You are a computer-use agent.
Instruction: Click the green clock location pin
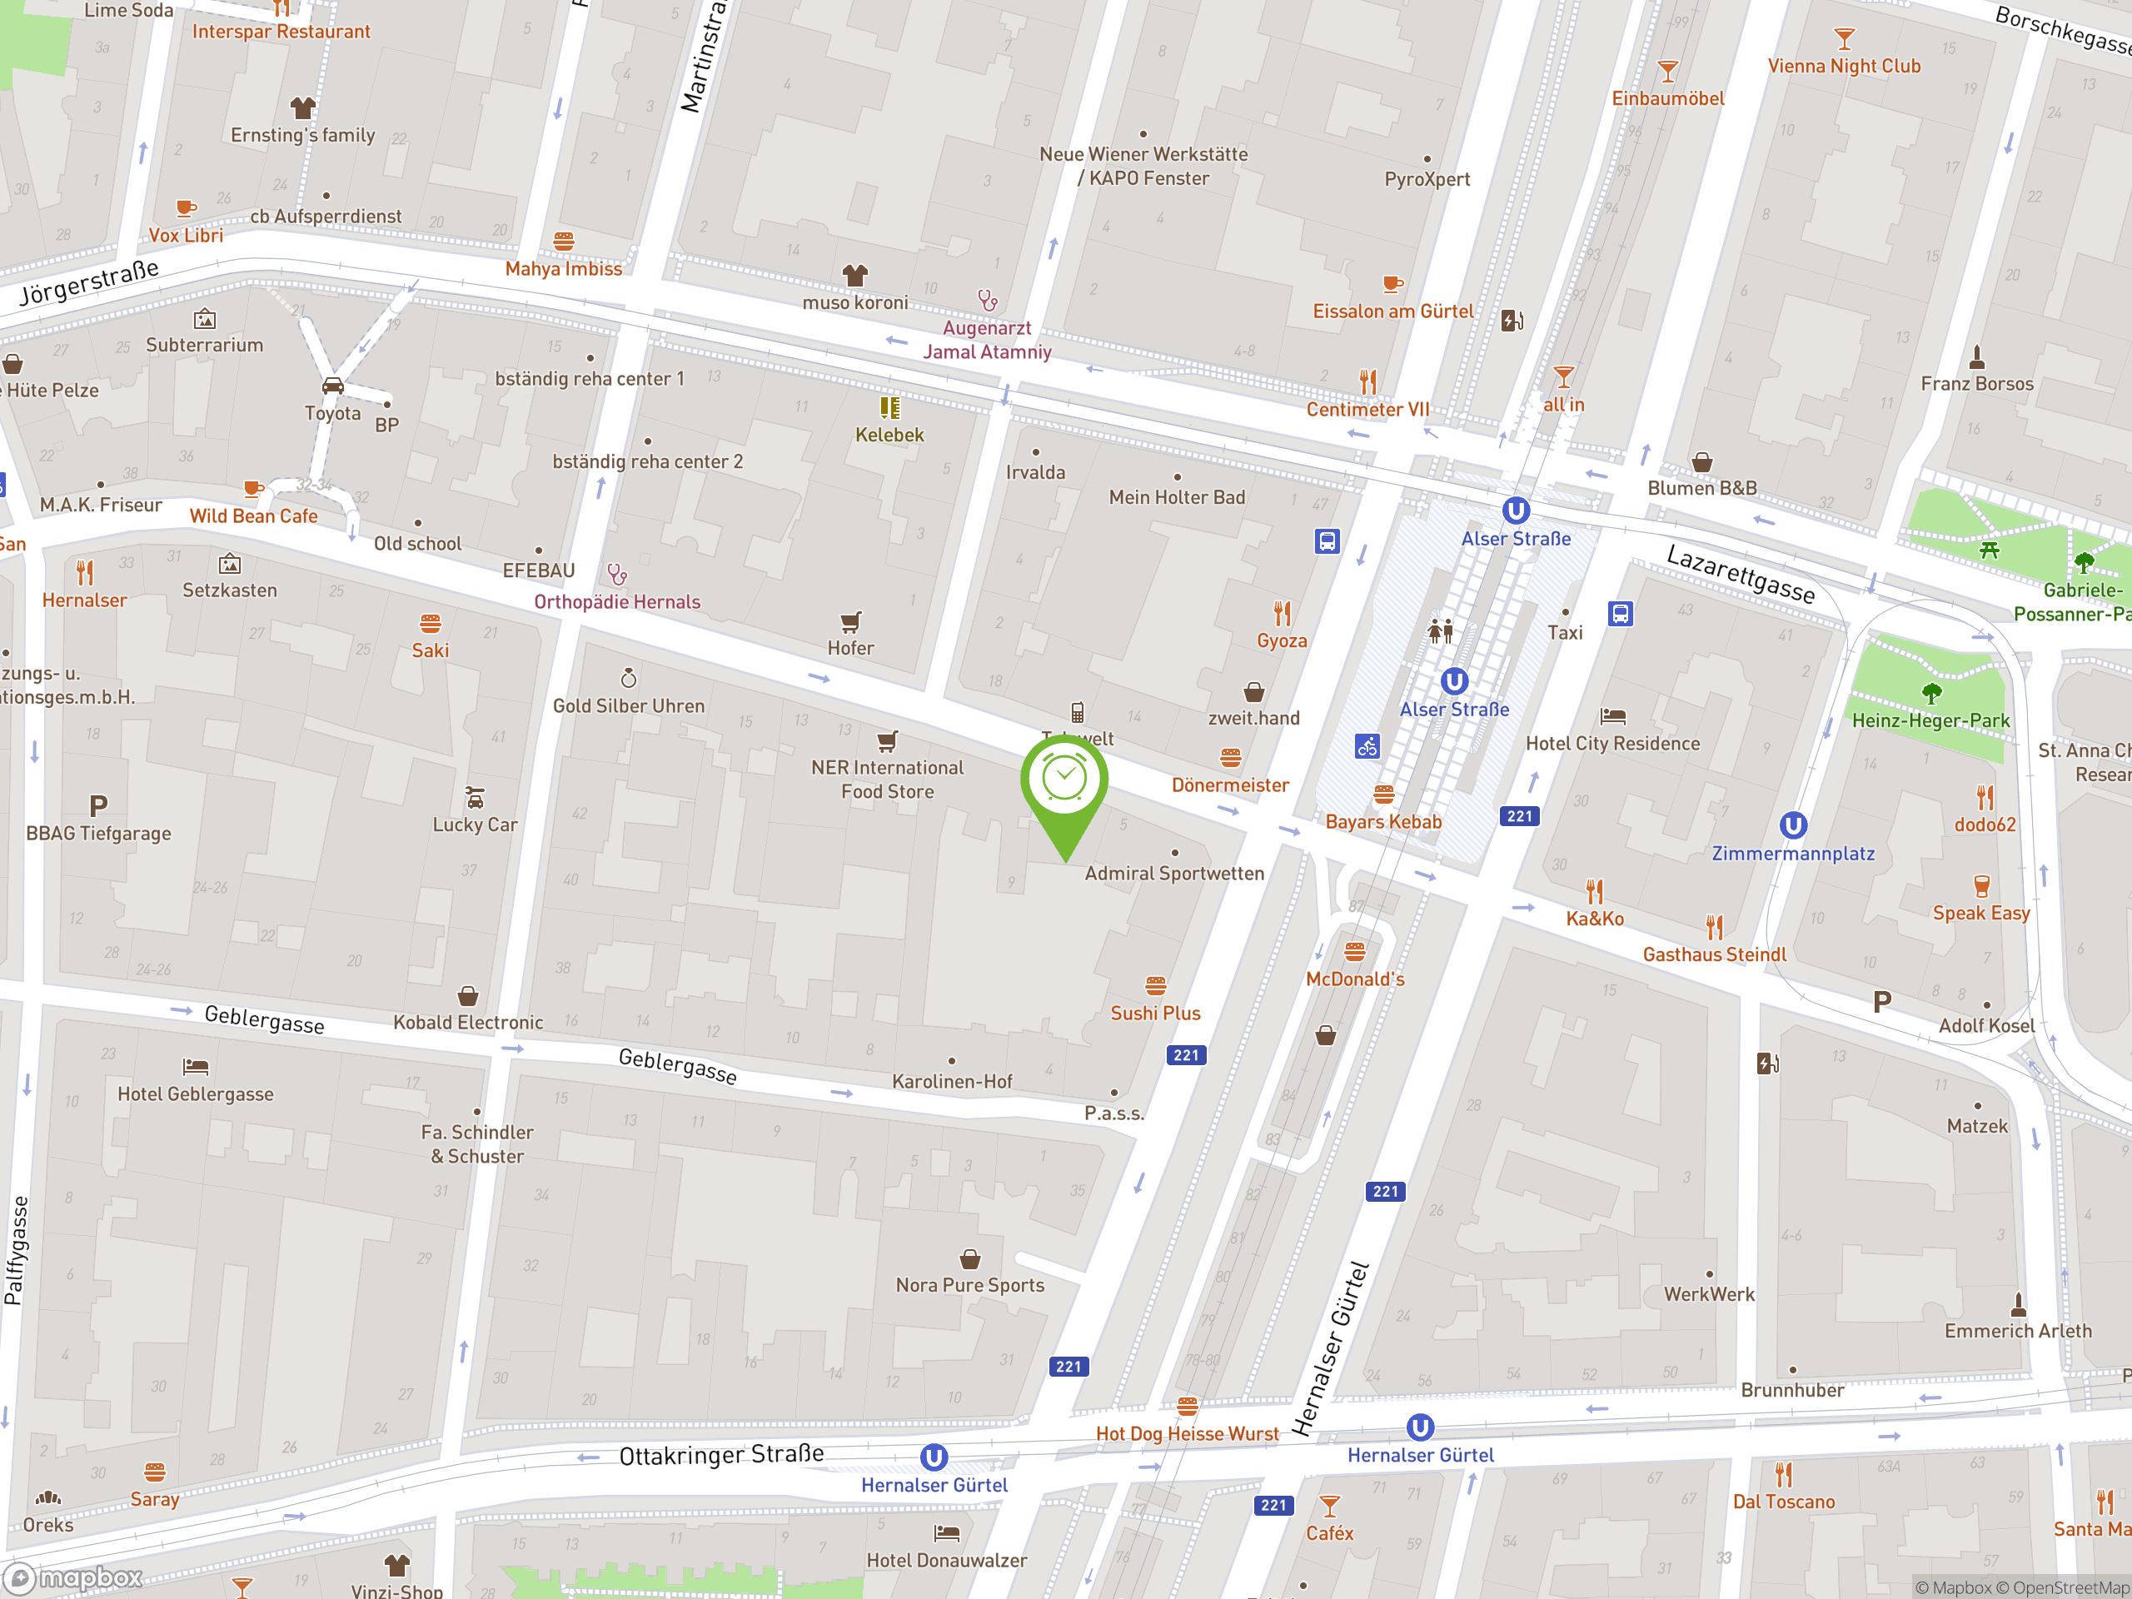[1064, 780]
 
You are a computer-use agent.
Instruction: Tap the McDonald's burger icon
[1354, 952]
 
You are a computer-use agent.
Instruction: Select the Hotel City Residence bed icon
[1612, 716]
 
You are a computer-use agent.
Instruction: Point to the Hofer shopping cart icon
[850, 621]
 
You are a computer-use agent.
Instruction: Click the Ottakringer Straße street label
[721, 1454]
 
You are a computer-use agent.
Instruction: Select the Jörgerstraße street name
[90, 281]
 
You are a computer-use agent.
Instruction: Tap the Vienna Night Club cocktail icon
[1844, 38]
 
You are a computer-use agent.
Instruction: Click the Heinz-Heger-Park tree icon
[1930, 693]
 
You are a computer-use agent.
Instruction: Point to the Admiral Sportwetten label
[1174, 874]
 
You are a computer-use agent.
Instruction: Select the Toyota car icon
[332, 386]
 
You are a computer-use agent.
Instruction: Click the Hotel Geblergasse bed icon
[196, 1066]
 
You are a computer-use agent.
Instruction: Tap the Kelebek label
[889, 435]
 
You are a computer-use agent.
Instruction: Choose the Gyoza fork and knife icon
[1282, 613]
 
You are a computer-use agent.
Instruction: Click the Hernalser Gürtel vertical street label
[1330, 1348]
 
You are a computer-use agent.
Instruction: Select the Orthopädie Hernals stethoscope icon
[617, 575]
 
